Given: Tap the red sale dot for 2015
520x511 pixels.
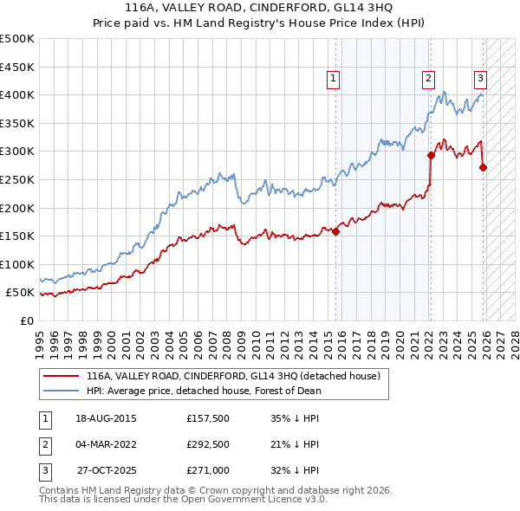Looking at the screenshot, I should point(335,231).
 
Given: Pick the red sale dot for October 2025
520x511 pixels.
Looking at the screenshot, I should point(483,168).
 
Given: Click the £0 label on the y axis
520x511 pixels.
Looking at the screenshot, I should point(26,320).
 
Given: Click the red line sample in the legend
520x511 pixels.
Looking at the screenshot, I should point(62,377).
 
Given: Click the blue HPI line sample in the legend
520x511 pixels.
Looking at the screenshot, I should point(62,391).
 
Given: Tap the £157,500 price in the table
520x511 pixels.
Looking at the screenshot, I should point(208,418).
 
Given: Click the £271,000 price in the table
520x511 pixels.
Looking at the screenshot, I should point(208,470).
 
